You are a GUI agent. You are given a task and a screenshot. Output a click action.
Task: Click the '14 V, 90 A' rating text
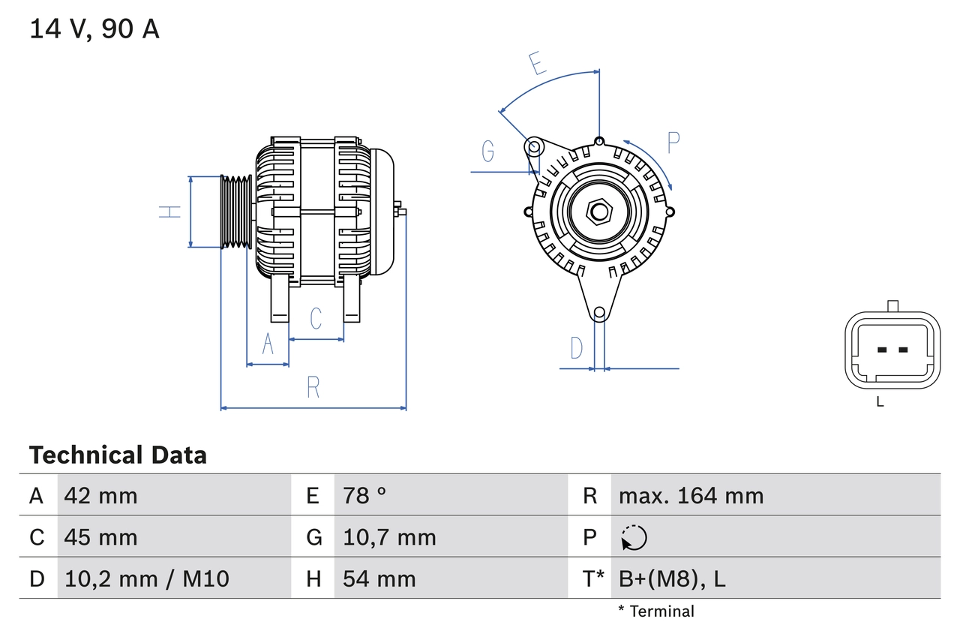(94, 29)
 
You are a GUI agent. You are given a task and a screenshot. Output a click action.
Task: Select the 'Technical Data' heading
(118, 455)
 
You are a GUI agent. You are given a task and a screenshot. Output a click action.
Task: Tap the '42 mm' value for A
(101, 495)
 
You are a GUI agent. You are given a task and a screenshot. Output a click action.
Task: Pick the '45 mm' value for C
(101, 537)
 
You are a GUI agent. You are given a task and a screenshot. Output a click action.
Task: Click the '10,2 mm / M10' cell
(147, 578)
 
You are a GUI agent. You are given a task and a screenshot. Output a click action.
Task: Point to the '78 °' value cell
(364, 495)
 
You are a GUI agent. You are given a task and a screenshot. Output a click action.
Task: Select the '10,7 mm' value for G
(389, 537)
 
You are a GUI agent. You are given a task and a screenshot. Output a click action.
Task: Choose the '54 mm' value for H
(379, 578)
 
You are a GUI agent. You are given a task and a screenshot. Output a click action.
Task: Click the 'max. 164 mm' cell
(691, 495)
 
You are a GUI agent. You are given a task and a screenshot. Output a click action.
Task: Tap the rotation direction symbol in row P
(634, 537)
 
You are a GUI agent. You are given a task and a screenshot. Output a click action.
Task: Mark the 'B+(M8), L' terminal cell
(672, 578)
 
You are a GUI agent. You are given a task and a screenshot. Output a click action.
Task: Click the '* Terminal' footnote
(656, 611)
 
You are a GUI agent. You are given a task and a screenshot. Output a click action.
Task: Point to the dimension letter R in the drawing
(313, 387)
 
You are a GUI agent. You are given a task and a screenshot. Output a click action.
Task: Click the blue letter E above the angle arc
(536, 64)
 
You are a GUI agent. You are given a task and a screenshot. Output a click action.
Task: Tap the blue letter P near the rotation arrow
(673, 143)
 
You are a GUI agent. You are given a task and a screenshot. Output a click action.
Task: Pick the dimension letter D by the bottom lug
(576, 348)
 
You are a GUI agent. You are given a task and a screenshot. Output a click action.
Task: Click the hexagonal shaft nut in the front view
(598, 212)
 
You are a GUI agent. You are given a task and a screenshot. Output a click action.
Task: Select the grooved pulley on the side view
(236, 212)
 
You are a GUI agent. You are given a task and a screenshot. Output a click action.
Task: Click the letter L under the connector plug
(880, 402)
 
